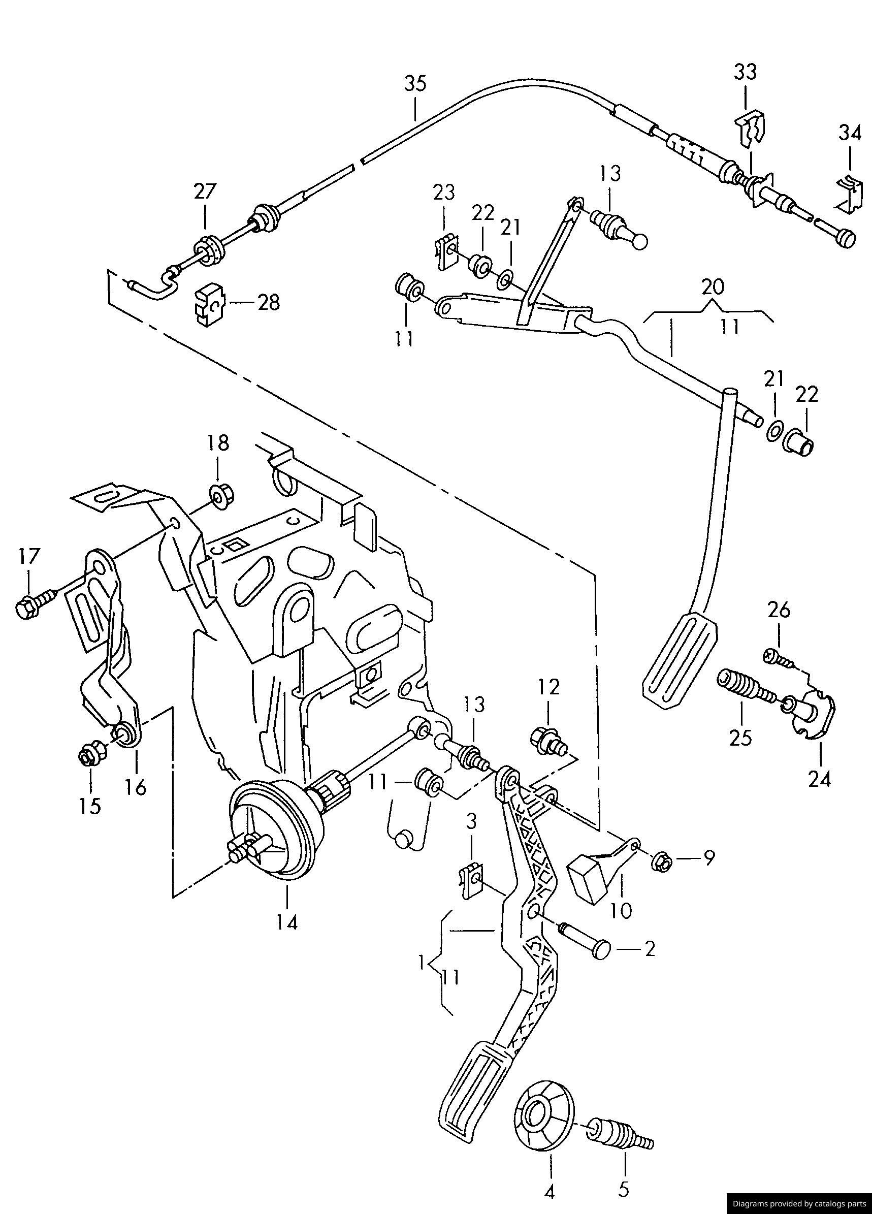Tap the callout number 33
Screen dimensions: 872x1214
click(x=745, y=72)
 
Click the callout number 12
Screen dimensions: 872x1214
click(x=548, y=687)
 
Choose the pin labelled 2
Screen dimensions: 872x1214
click(x=586, y=947)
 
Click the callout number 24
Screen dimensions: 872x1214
click(x=820, y=779)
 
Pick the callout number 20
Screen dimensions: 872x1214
click(x=713, y=287)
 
